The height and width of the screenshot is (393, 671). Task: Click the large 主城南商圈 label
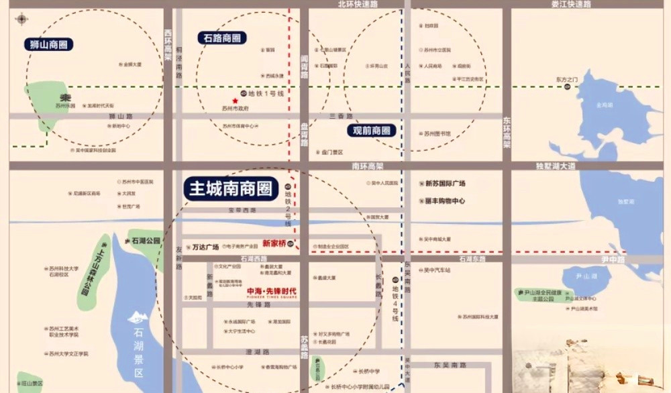(231, 188)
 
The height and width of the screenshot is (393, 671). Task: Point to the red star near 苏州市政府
(235, 101)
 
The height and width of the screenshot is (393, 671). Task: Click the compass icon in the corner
(21, 19)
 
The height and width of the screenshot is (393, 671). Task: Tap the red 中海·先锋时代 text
(272, 291)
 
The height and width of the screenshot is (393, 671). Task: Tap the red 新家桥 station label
(274, 243)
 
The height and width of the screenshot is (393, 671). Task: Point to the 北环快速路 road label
(358, 4)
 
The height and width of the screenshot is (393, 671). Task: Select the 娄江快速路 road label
(570, 4)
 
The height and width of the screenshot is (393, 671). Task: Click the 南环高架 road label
(367, 166)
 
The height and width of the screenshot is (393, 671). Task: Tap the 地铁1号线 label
(266, 93)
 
